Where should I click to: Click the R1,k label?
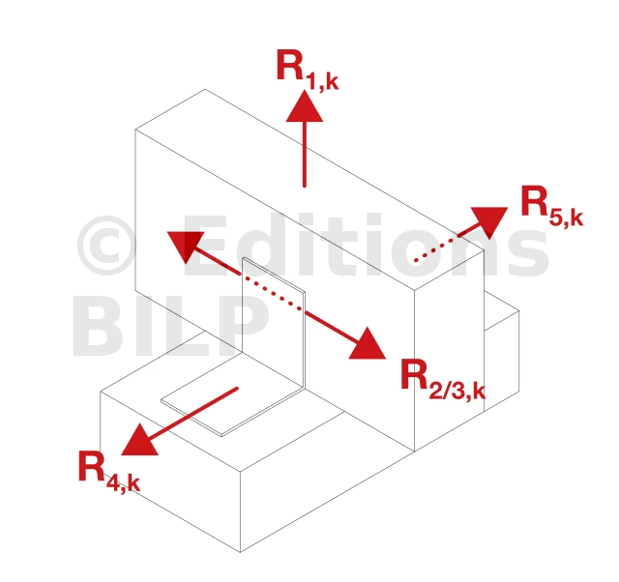pos(308,70)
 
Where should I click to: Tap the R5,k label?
pos(552,206)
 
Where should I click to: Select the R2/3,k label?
pos(443,380)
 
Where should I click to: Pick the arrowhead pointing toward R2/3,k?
pos(368,345)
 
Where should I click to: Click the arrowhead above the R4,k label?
pos(138,441)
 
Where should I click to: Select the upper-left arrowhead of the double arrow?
pos(185,246)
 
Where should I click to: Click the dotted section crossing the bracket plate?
pos(274,294)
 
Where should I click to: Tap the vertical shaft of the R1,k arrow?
pos(305,154)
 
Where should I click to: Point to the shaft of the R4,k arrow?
pos(192,413)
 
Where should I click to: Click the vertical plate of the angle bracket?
pos(274,324)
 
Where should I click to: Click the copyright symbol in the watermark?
pos(106,245)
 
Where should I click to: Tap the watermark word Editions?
pos(366,245)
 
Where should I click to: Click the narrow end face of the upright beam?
pos(449,351)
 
